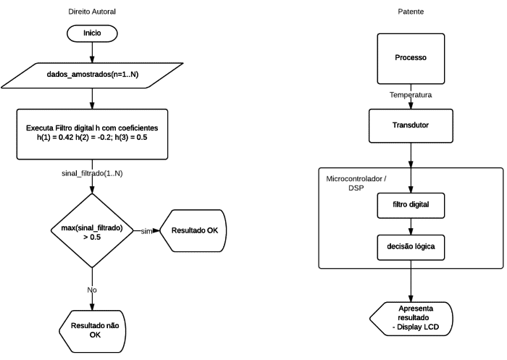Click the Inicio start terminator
click(92, 33)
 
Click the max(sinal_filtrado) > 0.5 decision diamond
click(92, 232)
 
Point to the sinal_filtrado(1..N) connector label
click(92, 174)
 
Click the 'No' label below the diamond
click(92, 290)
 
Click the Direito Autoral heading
click(92, 13)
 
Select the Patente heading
click(411, 13)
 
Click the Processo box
click(411, 58)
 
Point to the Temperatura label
click(411, 95)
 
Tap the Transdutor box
click(411, 125)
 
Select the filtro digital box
click(411, 204)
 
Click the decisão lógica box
click(411, 248)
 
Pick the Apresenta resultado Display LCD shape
click(411, 319)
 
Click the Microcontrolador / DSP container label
click(355, 183)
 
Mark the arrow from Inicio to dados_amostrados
click(92, 52)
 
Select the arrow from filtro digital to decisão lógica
click(411, 225)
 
